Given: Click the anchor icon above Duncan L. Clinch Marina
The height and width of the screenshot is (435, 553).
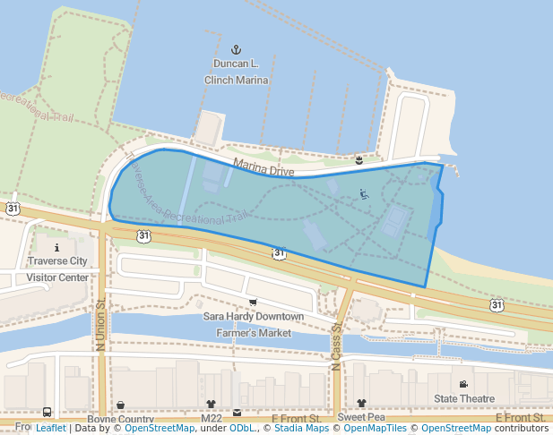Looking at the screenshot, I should pos(237,49).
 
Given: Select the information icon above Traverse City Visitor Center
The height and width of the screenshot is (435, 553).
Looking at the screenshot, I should pos(57,247).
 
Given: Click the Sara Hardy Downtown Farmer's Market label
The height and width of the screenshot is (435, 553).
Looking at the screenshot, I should pos(254,324).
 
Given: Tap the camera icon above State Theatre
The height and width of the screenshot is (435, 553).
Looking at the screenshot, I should pos(463,384).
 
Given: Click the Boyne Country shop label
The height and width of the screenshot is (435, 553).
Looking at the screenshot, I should pos(121,419).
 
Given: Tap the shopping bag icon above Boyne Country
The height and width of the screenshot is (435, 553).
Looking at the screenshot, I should pos(120,405).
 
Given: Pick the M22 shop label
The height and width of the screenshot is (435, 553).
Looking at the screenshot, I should pos(212,419).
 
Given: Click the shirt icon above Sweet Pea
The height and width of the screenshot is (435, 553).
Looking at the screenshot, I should pos(361,404).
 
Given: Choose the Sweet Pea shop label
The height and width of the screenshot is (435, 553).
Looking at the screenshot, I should pos(361,418).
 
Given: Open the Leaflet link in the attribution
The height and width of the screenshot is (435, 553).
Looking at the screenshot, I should pos(50,429).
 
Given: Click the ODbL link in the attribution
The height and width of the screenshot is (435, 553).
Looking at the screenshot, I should pos(241,429).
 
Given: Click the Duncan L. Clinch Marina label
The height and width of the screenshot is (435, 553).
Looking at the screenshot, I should pos(237,72).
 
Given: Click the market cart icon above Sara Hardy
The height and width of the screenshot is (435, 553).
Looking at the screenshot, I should pos(253,302).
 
